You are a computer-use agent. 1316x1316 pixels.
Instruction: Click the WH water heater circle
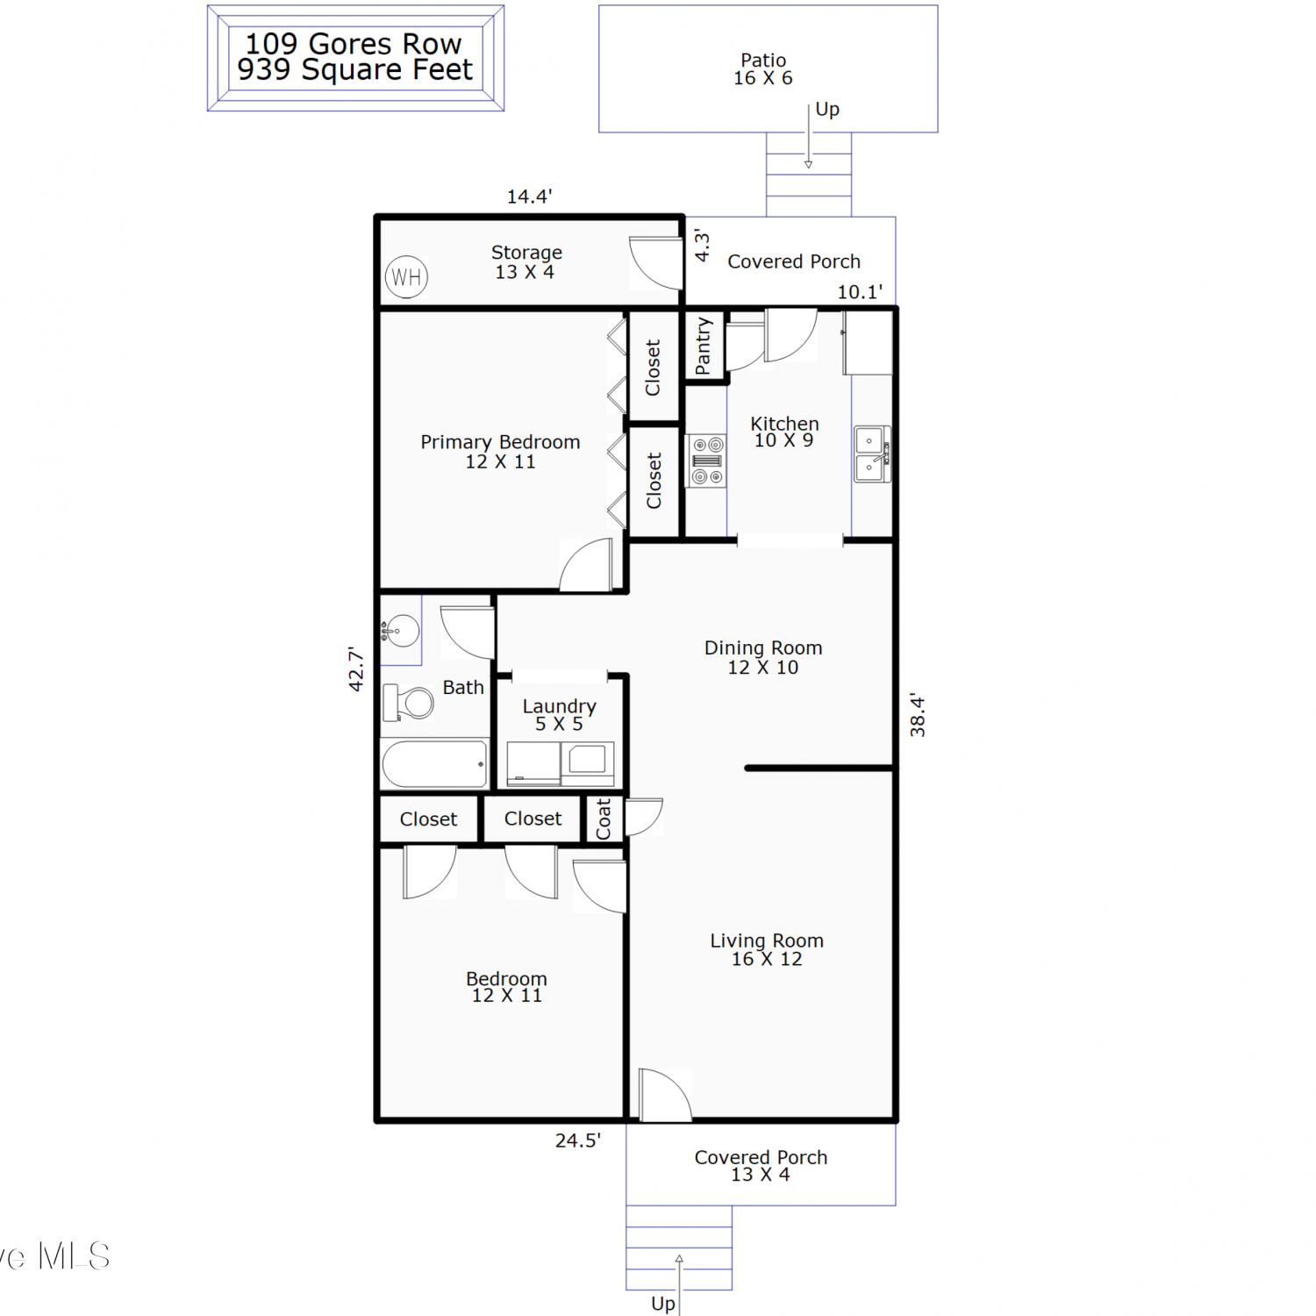[x=406, y=277]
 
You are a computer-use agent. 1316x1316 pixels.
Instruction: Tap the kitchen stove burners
[x=706, y=461]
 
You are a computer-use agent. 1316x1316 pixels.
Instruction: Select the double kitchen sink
[x=872, y=454]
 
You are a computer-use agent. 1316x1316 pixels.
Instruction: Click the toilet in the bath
[x=408, y=703]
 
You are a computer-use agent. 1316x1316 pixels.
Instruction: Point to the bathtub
[x=435, y=763]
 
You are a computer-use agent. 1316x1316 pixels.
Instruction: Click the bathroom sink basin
[x=401, y=631]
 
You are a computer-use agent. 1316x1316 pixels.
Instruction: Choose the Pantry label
[x=703, y=347]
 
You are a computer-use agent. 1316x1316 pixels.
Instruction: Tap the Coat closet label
[x=604, y=819]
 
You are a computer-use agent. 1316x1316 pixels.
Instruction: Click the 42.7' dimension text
[x=355, y=669]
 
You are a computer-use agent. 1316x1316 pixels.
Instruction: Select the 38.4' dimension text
[x=917, y=714]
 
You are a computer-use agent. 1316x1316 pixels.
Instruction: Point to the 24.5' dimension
[x=578, y=1141]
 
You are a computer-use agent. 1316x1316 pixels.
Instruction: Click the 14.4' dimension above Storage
[x=530, y=197]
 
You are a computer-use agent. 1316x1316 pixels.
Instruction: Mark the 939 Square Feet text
[x=355, y=70]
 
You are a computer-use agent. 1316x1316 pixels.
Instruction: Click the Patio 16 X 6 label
[x=763, y=69]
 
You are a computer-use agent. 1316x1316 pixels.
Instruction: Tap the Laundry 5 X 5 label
[x=560, y=715]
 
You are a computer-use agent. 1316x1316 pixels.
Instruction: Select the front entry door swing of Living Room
[x=666, y=1095]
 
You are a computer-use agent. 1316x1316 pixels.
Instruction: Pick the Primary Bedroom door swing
[x=586, y=565]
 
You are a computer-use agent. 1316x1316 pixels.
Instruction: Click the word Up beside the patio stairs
[x=827, y=110]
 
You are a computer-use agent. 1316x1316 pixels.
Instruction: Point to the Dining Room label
[x=763, y=648]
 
